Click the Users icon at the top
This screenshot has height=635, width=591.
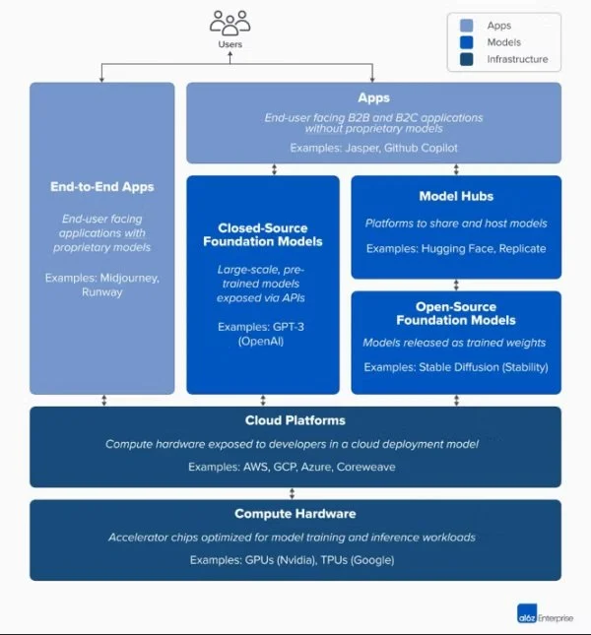coord(230,23)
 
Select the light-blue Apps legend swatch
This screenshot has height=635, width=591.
coord(467,26)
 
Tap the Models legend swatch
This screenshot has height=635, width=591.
coord(467,42)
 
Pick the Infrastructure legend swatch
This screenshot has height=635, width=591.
coord(467,60)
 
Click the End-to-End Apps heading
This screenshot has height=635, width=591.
coord(102,186)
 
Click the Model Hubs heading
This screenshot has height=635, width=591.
coord(456,196)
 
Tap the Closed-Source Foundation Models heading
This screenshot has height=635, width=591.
coord(263,233)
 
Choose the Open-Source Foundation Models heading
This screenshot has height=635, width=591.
coord(456,313)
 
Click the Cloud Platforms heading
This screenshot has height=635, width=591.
coord(295,421)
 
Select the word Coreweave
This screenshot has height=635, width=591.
coord(366,467)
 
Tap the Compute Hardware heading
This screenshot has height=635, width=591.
coord(295,514)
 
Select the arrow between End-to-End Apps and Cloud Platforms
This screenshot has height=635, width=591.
coord(104,401)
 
